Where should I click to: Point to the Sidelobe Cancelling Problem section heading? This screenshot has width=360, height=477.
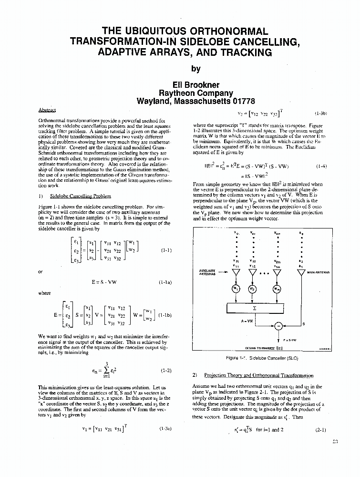[81, 196]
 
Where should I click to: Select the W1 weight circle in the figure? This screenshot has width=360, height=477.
[236, 290]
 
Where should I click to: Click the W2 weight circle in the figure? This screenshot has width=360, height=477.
[251, 290]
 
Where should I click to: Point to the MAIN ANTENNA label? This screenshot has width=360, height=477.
[319, 272]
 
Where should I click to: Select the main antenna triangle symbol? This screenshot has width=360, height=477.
[300, 273]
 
